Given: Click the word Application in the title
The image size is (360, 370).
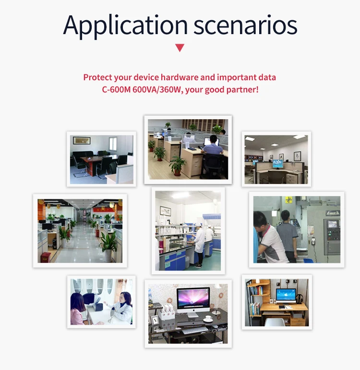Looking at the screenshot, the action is [125, 25].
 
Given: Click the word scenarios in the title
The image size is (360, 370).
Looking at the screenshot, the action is [245, 25].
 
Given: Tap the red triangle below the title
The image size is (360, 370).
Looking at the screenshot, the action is [180, 48].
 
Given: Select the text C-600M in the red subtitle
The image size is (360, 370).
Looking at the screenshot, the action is [116, 90].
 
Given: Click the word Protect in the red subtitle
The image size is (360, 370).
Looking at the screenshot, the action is [97, 77].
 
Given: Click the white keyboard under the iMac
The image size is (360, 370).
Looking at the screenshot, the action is [195, 330].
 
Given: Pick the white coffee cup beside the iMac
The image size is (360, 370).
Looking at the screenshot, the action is [208, 318].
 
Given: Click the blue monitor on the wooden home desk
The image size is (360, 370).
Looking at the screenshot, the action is [286, 295].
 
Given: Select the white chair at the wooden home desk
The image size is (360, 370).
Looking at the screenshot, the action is [275, 322].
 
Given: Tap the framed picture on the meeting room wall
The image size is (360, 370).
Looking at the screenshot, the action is [82, 140].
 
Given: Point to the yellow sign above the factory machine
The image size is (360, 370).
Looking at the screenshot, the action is [288, 199].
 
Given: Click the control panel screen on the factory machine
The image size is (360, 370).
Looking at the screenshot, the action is [333, 224].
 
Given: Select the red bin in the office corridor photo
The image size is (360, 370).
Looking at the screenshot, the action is [46, 258].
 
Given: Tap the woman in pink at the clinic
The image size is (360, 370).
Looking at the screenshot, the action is [78, 309].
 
